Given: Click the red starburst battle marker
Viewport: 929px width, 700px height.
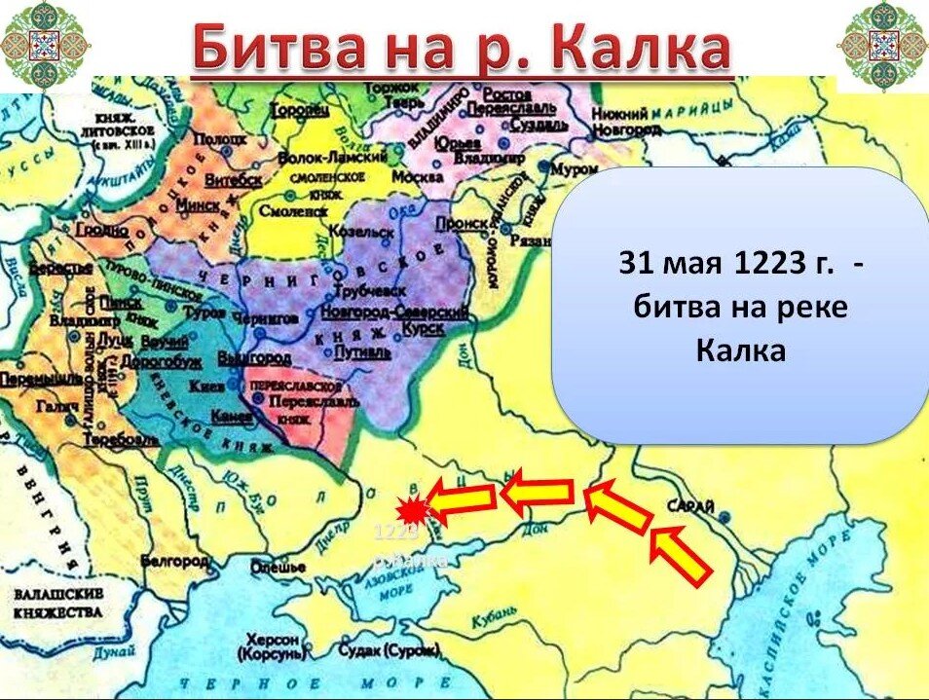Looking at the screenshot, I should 414,509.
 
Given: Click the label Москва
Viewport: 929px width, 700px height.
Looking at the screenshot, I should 419,178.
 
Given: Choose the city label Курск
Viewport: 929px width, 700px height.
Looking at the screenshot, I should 427,329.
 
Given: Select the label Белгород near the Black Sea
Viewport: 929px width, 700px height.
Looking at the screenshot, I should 175,563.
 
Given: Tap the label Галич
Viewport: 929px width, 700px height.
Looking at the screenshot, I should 53,406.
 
